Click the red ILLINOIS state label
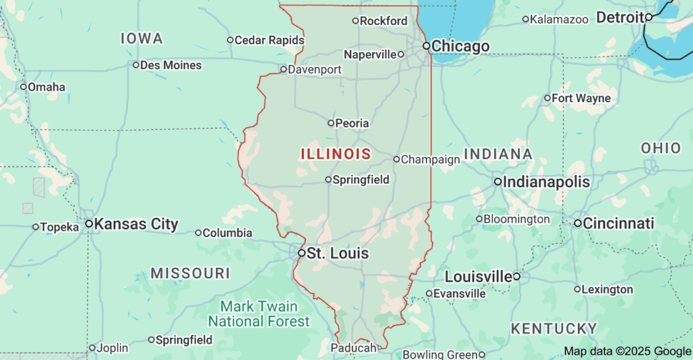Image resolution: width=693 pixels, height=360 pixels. [336, 154]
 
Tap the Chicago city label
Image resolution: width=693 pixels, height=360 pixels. [460, 47]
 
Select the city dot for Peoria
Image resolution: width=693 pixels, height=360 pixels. [331, 123]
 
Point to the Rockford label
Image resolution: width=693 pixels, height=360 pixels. [384, 21]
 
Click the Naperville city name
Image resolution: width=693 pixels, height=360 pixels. [370, 54]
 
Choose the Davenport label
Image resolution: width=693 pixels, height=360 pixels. [315, 69]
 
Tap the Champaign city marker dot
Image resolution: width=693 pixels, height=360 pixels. [397, 160]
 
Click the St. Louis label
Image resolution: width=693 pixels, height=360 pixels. [338, 254]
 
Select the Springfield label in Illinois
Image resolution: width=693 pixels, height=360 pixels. [361, 180]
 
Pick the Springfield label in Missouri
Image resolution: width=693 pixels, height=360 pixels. [184, 340]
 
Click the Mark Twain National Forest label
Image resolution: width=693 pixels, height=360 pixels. [259, 314]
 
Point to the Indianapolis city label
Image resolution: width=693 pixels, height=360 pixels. [546, 182]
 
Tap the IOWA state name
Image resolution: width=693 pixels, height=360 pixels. [141, 39]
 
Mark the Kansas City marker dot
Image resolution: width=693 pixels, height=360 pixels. [89, 223]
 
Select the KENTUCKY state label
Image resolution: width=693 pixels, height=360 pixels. [553, 329]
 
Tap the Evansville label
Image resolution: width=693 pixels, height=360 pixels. [460, 294]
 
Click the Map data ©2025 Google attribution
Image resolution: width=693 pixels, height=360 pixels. [627, 351]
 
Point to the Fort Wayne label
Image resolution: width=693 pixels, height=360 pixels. [581, 99]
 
